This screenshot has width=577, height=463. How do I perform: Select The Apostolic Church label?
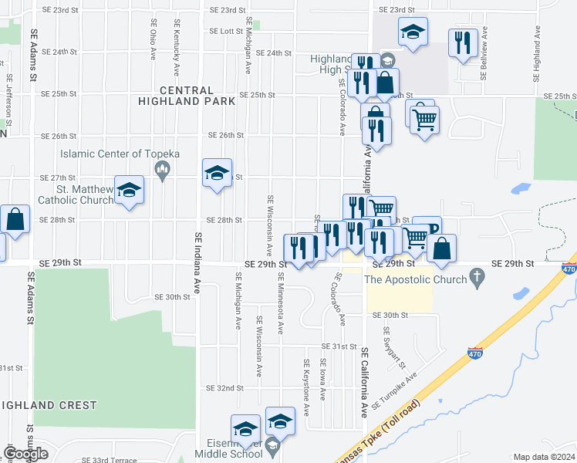(x=415, y=279)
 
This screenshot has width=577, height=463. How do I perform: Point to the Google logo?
(x=25, y=454)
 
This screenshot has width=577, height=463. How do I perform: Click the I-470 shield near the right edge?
(x=569, y=269)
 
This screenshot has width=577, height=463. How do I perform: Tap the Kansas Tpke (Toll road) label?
(x=379, y=433)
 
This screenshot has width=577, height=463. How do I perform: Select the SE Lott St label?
(x=226, y=32)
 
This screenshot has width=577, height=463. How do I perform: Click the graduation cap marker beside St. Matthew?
(x=129, y=190)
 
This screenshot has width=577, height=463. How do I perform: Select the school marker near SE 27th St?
(x=217, y=173)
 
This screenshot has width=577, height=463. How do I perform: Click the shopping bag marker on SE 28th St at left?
(x=15, y=219)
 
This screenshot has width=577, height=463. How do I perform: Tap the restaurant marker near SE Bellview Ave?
(x=462, y=42)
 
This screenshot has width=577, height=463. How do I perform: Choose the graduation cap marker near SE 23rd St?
(x=413, y=32)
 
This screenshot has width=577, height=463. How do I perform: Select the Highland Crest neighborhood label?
(x=49, y=405)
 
